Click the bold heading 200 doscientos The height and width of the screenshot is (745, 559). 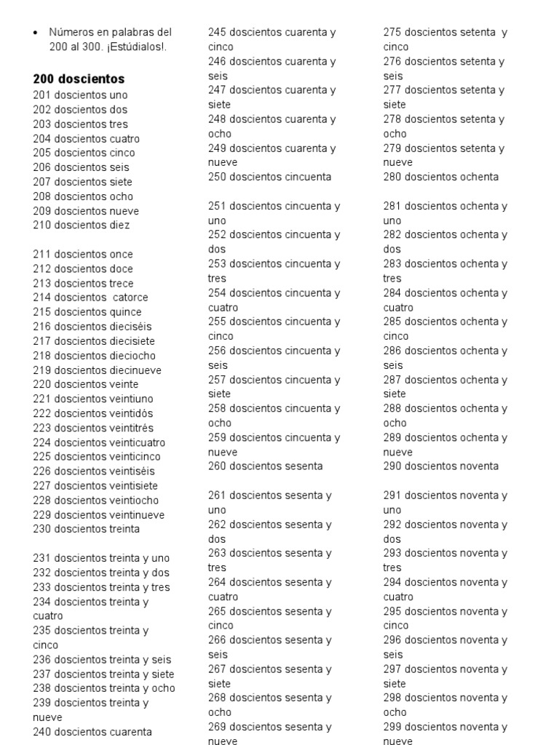(x=79, y=79)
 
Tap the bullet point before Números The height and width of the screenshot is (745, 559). (x=36, y=33)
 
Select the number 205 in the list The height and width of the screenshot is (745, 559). (x=42, y=153)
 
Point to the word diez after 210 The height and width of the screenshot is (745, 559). (x=119, y=225)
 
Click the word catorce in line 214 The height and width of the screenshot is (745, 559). (x=131, y=298)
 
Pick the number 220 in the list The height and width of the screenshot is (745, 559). (x=42, y=384)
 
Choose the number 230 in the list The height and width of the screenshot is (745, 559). (x=42, y=529)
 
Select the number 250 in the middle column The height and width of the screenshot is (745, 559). (x=218, y=177)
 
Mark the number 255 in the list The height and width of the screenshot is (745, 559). (x=218, y=322)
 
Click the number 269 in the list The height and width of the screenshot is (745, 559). (x=218, y=727)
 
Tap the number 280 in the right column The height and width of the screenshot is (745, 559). (x=393, y=177)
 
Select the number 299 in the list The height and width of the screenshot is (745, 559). (x=393, y=727)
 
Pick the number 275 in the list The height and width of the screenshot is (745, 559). (x=393, y=32)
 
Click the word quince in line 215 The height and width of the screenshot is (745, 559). (x=126, y=312)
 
